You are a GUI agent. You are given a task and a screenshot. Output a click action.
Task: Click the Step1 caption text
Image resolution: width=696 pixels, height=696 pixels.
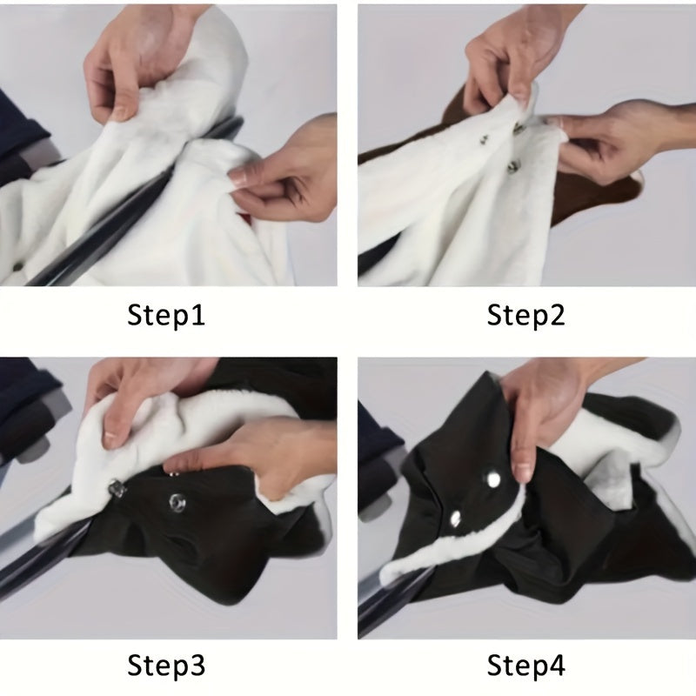click(166, 314)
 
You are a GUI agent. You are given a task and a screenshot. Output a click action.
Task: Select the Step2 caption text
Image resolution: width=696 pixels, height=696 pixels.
click(525, 314)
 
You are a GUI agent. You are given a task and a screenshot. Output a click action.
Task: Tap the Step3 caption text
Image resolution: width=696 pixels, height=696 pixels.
click(166, 666)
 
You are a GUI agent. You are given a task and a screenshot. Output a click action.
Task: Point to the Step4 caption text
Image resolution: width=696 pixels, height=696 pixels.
click(525, 666)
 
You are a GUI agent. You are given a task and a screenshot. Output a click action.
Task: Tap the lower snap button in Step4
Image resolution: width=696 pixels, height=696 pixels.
click(454, 519)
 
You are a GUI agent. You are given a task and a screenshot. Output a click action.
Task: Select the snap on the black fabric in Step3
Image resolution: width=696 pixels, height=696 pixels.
click(179, 500)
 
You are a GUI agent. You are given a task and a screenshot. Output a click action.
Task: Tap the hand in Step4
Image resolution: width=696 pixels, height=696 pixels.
click(548, 409)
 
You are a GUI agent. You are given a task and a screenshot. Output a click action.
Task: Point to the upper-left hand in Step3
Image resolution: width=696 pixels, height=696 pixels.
click(139, 391)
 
